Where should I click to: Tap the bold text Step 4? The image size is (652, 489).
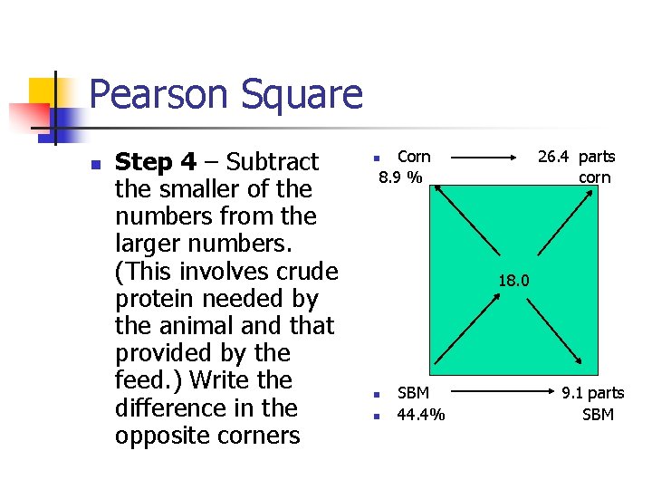click(x=156, y=162)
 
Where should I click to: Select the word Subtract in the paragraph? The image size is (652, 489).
click(x=273, y=162)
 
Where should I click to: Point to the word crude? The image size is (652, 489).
click(x=302, y=271)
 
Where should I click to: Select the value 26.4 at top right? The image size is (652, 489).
click(x=554, y=157)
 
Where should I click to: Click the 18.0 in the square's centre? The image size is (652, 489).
click(x=513, y=281)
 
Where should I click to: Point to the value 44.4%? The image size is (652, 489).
click(x=421, y=415)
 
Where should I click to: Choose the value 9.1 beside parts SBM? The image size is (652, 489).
click(x=572, y=393)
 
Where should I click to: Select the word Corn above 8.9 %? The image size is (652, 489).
click(x=415, y=157)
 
